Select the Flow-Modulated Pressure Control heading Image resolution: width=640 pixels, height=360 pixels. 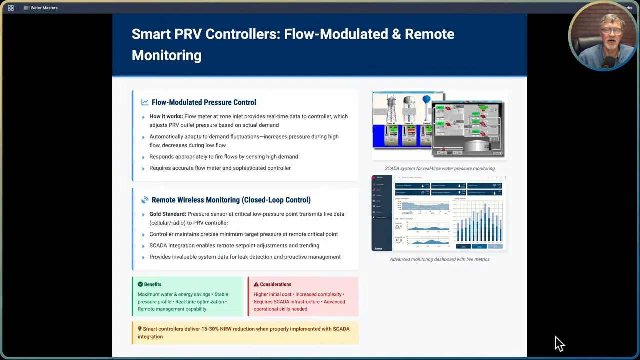pyautogui.click(x=203, y=102)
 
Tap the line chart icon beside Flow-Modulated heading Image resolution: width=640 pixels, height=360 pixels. pyautogui.click(x=145, y=102)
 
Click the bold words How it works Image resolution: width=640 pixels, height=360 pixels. pyautogui.click(x=166, y=116)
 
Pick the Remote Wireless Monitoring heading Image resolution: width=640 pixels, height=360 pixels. pyautogui.click(x=231, y=200)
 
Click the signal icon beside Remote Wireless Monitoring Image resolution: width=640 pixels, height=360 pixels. pyautogui.click(x=145, y=200)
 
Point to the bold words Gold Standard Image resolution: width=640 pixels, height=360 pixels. pyautogui.click(x=167, y=214)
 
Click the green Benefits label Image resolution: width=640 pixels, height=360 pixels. pyautogui.click(x=152, y=284)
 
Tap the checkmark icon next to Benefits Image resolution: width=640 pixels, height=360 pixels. pyautogui.click(x=140, y=284)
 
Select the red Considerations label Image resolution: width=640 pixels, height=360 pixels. pyautogui.click(x=275, y=284)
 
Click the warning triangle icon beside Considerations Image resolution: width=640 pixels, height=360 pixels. pyautogui.click(x=256, y=284)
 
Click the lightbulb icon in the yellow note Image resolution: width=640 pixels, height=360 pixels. pyautogui.click(x=140, y=329)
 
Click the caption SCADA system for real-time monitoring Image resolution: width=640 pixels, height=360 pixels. pyautogui.click(x=439, y=168)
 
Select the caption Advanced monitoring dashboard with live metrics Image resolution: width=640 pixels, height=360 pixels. pyautogui.click(x=439, y=259)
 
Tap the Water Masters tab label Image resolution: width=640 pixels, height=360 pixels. pyautogui.click(x=44, y=8)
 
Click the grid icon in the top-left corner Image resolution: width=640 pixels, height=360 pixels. pyautogui.click(x=11, y=8)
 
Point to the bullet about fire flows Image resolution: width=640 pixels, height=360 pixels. pyautogui.click(x=223, y=157)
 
